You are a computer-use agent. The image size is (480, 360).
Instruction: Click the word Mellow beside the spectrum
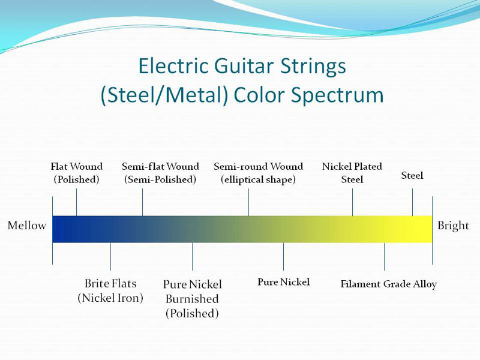tap(27, 226)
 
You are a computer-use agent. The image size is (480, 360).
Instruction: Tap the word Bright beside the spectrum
tap(453, 226)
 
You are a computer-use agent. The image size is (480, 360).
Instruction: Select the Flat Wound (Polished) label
tap(77, 173)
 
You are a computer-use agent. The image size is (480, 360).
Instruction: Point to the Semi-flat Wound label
tap(160, 173)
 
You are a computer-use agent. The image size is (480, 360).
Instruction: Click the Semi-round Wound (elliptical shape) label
tap(259, 173)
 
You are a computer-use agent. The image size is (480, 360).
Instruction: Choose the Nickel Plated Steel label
tap(352, 173)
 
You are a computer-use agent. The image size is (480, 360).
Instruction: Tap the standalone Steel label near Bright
tap(412, 175)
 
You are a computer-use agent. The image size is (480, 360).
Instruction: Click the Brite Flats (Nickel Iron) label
tap(110, 290)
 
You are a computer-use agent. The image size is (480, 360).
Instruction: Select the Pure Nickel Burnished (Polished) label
tap(192, 299)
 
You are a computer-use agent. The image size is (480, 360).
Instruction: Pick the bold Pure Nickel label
tap(283, 282)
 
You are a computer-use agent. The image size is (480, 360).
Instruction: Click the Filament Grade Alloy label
tap(388, 284)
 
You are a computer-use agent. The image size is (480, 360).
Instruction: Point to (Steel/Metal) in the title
tap(164, 95)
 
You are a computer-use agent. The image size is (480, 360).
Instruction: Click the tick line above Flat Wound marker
tap(77, 202)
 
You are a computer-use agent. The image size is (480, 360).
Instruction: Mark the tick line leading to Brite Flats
tap(110, 257)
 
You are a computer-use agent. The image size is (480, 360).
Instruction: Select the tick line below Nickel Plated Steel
tap(352, 202)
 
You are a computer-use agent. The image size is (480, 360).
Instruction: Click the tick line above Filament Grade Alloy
tap(385, 257)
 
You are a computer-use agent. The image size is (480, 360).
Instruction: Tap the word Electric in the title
tap(173, 66)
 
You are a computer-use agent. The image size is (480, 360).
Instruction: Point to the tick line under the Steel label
tap(412, 202)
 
